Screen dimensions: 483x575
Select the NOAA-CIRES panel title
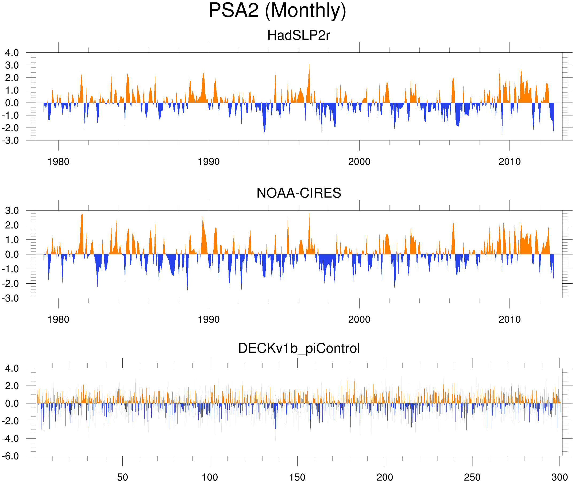tap(299, 193)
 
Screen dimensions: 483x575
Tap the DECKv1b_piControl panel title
tap(299, 349)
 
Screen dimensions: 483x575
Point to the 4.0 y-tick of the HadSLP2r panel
tap(12, 53)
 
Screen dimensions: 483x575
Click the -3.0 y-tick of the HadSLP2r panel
tap(10, 141)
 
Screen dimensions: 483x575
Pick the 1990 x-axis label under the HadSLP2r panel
tap(209, 162)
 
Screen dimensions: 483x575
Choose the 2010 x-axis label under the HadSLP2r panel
tap(509, 162)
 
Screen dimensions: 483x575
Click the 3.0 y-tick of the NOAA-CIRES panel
tap(12, 211)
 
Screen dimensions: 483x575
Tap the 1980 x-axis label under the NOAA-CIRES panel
tap(58, 319)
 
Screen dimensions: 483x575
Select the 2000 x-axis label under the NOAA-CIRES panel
tap(359, 319)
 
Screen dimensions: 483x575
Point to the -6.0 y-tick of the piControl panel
tap(10, 457)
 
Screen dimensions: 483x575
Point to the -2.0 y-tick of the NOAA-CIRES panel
tap(10, 284)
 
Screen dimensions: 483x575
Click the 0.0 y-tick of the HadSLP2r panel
tap(12, 103)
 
